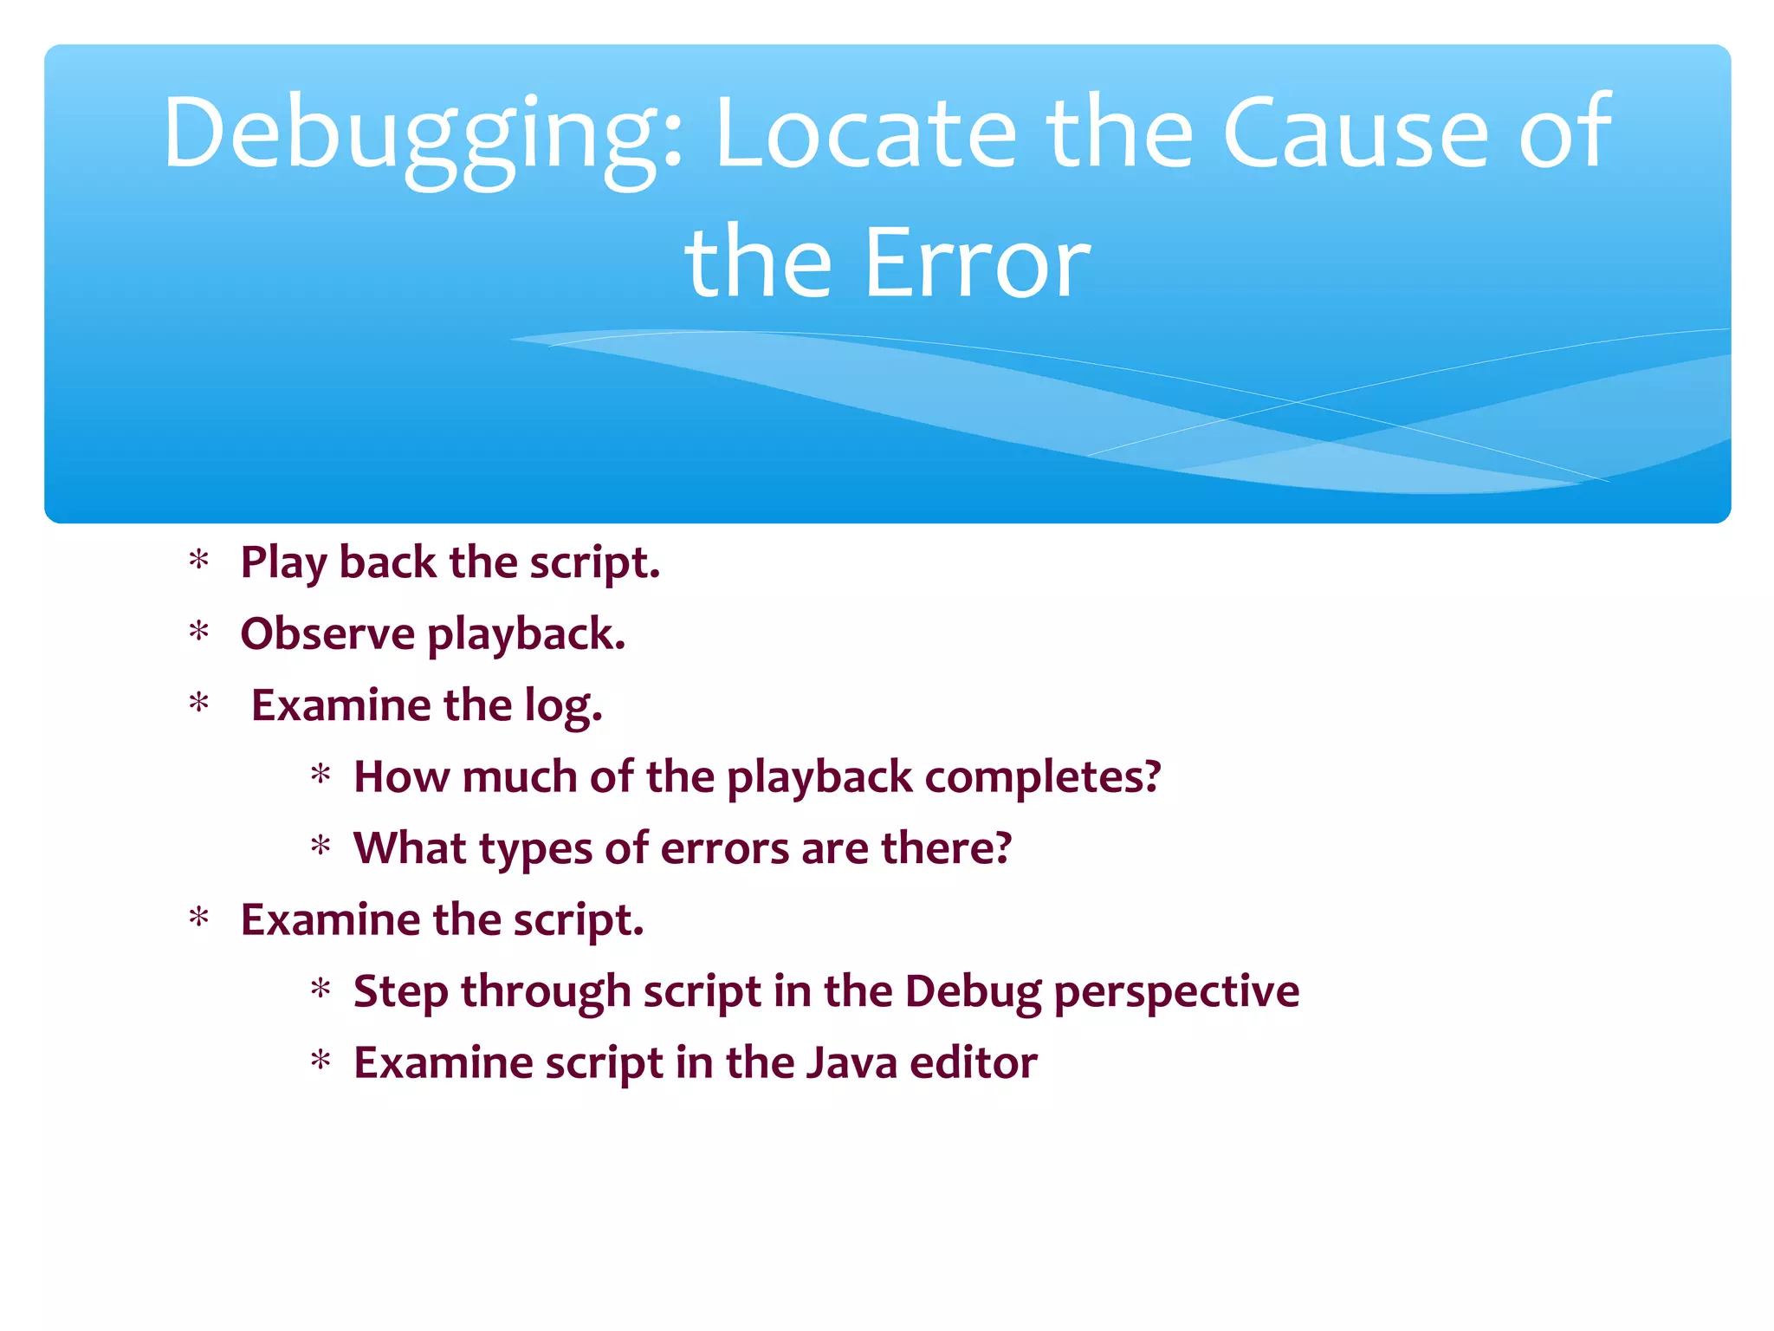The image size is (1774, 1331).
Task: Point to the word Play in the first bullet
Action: point(283,564)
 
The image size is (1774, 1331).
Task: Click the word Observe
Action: point(327,634)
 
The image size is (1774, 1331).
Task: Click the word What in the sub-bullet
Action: point(410,848)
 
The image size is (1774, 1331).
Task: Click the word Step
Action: point(400,992)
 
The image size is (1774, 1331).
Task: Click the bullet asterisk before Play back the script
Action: point(199,562)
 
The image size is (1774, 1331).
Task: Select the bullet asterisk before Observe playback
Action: point(199,633)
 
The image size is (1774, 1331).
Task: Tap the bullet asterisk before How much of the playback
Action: point(321,776)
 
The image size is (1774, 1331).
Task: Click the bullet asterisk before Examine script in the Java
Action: point(321,1061)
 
